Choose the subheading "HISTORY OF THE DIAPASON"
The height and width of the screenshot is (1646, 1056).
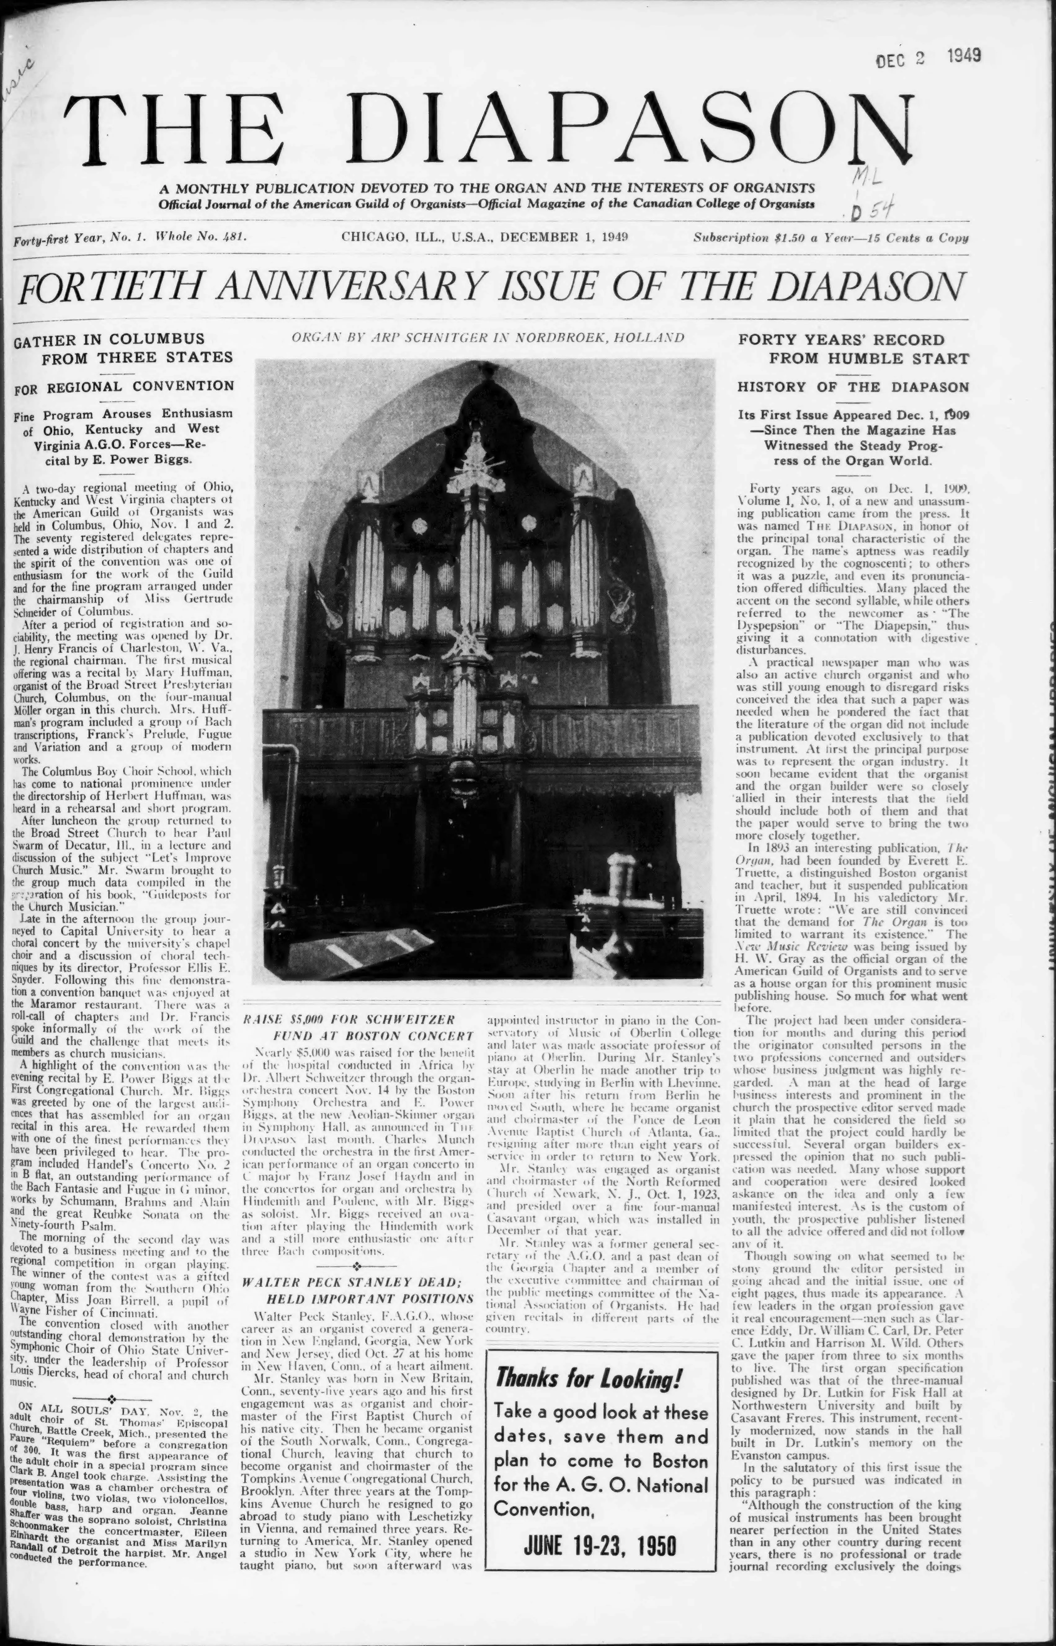[x=854, y=387]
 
